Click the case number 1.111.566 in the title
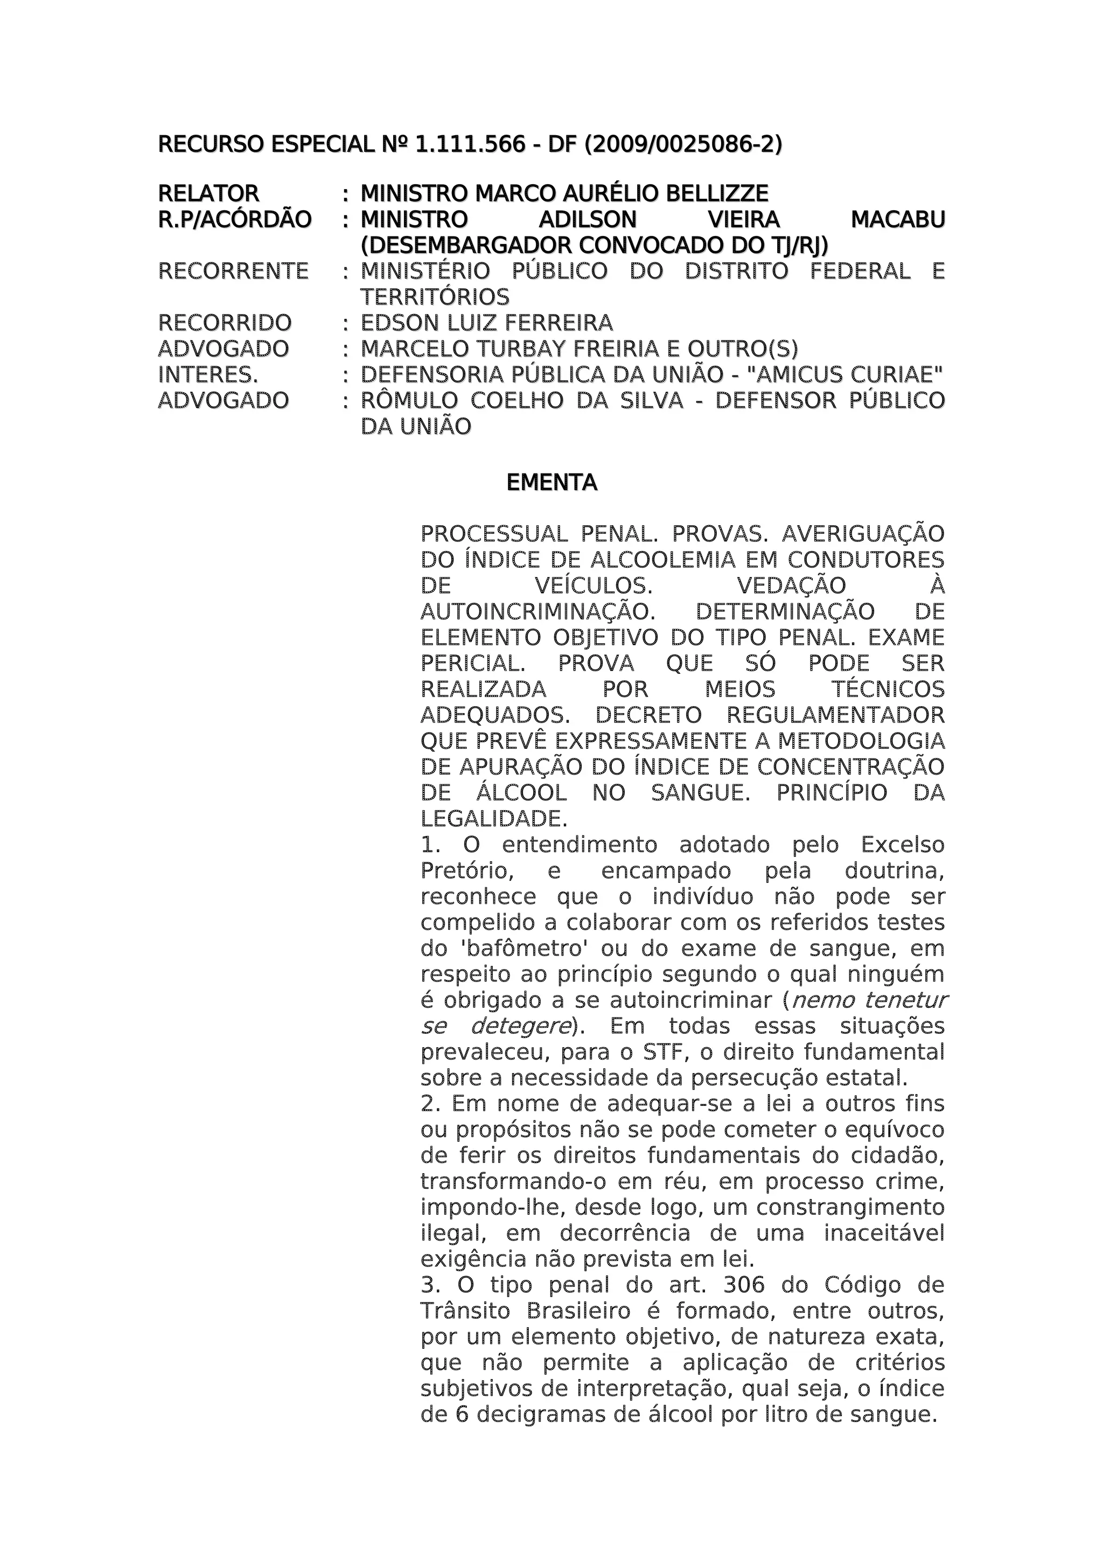[470, 145]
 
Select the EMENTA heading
[551, 483]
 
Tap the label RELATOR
[208, 193]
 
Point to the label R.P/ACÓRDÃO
[234, 219]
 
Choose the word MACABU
[897, 219]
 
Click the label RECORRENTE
[233, 271]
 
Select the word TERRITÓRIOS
[435, 297]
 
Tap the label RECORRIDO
[225, 323]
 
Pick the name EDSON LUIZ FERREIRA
[486, 323]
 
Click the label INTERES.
[208, 374]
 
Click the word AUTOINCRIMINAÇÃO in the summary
[537, 611]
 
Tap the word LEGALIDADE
[493, 818]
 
